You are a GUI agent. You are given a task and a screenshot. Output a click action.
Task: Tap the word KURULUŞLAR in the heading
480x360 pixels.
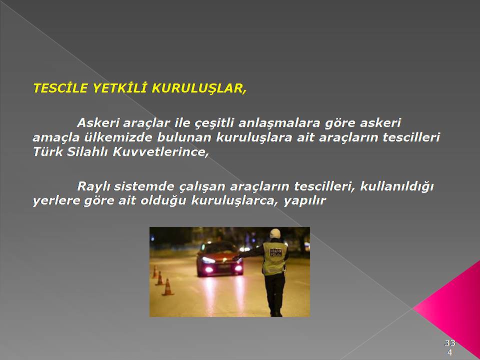(x=198, y=88)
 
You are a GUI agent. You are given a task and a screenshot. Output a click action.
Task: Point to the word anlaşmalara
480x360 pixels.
(x=279, y=123)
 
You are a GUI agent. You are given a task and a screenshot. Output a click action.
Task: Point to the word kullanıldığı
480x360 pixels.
(x=397, y=186)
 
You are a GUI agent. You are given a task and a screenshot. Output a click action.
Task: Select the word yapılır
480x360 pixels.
(x=305, y=201)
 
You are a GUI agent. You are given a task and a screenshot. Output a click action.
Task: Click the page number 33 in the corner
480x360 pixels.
(x=450, y=343)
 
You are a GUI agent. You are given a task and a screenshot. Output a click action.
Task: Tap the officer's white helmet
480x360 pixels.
(x=274, y=233)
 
